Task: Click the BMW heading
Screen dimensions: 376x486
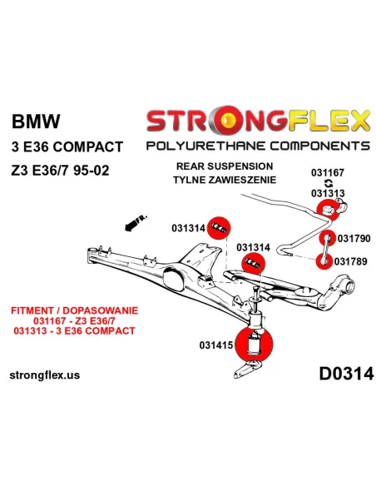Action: (36, 121)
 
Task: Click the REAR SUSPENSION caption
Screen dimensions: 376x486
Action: (225, 166)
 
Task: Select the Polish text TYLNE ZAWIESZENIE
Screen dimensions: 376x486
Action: (225, 180)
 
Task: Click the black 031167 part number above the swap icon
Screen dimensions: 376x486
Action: (328, 172)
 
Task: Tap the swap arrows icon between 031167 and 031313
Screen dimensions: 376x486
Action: (329, 183)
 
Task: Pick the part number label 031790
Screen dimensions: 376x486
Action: (354, 238)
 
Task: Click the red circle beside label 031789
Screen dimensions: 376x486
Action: (324, 261)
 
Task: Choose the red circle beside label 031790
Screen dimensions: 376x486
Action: (328, 238)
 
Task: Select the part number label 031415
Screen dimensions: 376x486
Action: (216, 345)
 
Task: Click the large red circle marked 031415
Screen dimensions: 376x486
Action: (255, 344)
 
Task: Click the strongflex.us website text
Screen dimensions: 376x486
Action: (45, 375)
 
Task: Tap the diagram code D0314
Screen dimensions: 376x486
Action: (346, 374)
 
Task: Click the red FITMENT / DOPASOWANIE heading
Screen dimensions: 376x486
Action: (74, 310)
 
